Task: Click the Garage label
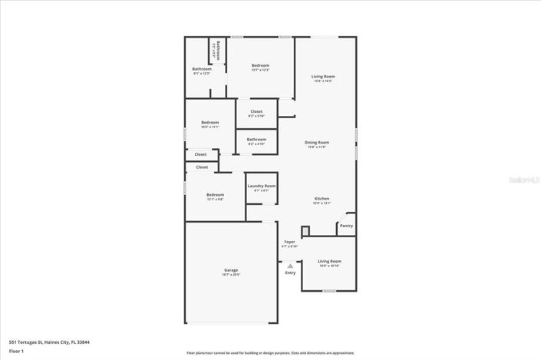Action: click(x=231, y=270)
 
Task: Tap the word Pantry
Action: click(x=346, y=226)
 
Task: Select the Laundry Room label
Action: click(x=261, y=187)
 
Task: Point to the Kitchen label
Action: click(x=322, y=199)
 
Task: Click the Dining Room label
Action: click(x=318, y=142)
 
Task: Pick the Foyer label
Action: click(x=289, y=242)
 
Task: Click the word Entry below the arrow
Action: click(x=290, y=272)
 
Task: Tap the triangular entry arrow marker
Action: click(x=290, y=265)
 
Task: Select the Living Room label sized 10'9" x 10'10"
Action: click(x=329, y=262)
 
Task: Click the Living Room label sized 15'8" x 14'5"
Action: click(x=322, y=77)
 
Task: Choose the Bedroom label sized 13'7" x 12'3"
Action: click(x=260, y=67)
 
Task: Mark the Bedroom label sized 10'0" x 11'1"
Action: click(x=210, y=123)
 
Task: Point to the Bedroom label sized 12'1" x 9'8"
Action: click(x=215, y=195)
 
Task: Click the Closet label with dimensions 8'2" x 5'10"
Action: click(x=256, y=112)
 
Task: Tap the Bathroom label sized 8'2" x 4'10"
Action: click(x=256, y=140)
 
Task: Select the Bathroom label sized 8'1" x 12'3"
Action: click(x=202, y=70)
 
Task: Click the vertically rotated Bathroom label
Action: click(x=217, y=51)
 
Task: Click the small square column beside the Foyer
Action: click(x=305, y=231)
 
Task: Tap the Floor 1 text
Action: click(x=16, y=351)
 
